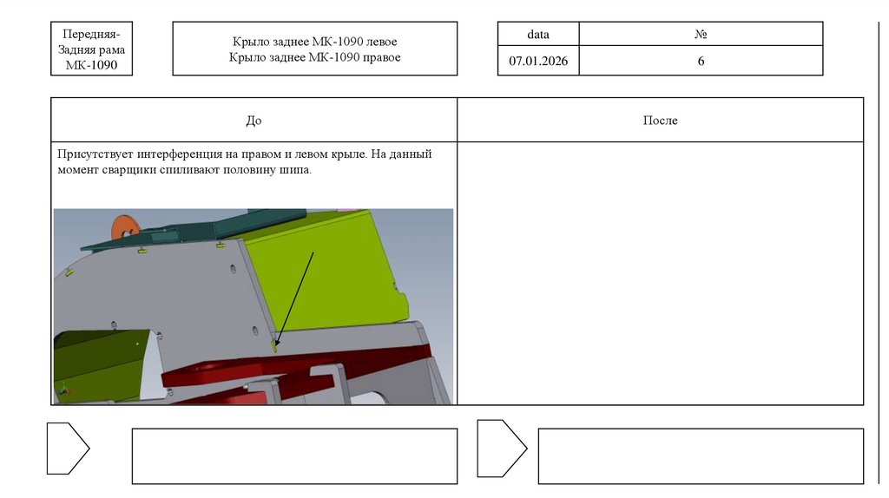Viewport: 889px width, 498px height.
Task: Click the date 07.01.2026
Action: click(x=538, y=61)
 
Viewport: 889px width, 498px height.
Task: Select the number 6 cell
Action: click(x=701, y=60)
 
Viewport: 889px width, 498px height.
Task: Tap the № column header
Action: click(x=701, y=34)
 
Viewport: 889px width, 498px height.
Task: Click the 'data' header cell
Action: click(x=538, y=34)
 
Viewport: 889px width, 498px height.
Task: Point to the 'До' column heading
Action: click(x=254, y=120)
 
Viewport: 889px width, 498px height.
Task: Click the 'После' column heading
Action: click(x=660, y=120)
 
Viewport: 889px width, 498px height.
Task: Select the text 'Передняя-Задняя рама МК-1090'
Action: click(x=91, y=49)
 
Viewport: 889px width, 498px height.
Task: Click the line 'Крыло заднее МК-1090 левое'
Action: click(x=314, y=42)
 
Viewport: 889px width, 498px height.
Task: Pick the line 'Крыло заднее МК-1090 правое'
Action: click(x=314, y=57)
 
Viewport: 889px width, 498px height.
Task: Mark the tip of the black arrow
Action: click(x=275, y=345)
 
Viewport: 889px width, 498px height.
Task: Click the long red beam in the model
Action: click(x=295, y=363)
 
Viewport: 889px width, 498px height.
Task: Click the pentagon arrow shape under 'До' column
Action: click(x=68, y=449)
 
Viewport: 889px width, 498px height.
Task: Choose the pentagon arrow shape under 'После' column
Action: click(x=502, y=449)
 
